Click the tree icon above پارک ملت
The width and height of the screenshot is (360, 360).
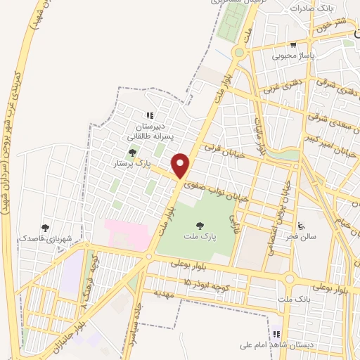click(x=200, y=226)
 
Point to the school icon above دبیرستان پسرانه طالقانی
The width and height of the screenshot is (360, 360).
click(x=149, y=116)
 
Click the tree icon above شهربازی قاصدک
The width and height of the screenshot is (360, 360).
click(x=46, y=228)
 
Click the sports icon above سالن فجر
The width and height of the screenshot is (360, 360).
click(x=301, y=226)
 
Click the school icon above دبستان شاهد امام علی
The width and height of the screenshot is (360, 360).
click(x=276, y=335)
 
